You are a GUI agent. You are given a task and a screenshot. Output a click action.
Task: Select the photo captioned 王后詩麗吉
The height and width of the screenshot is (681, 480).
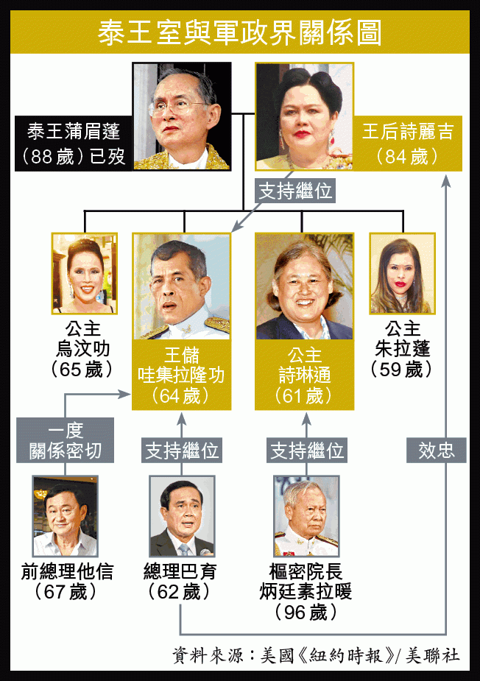tap(304, 116)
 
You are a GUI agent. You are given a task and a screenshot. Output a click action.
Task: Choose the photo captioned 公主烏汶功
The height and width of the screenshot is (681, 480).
tap(84, 273)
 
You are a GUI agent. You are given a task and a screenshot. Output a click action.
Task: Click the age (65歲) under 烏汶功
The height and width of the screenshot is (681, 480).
tap(84, 369)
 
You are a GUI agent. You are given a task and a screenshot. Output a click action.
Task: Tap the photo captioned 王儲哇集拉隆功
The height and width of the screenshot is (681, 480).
tap(181, 287)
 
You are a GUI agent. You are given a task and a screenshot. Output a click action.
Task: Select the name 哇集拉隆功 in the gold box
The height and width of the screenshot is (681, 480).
tap(181, 375)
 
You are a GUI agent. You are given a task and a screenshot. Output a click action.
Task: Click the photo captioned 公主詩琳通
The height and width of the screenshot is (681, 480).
tap(304, 287)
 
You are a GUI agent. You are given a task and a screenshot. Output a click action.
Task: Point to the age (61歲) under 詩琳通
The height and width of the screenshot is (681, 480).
tap(304, 396)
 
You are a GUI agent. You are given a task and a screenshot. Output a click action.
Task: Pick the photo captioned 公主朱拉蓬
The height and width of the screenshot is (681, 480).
tap(402, 273)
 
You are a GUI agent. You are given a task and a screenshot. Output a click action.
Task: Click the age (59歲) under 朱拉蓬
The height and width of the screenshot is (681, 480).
tap(402, 369)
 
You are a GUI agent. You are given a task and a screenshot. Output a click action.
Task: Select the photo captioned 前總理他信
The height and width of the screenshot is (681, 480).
tap(66, 516)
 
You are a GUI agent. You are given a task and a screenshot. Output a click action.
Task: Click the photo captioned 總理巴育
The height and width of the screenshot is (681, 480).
tap(182, 516)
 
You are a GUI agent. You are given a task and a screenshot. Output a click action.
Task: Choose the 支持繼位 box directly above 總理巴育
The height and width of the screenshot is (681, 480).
tap(183, 451)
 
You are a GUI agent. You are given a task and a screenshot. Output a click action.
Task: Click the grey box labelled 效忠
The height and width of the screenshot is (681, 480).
tap(437, 451)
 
